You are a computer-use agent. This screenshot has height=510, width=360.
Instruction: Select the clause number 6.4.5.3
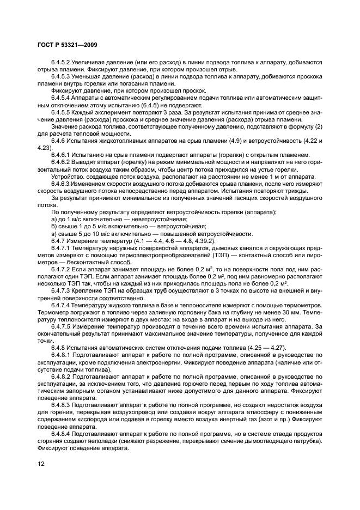pyautogui.click(x=62, y=77)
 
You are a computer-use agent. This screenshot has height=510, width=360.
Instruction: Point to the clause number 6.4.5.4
pyautogui.click(x=62, y=97)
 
